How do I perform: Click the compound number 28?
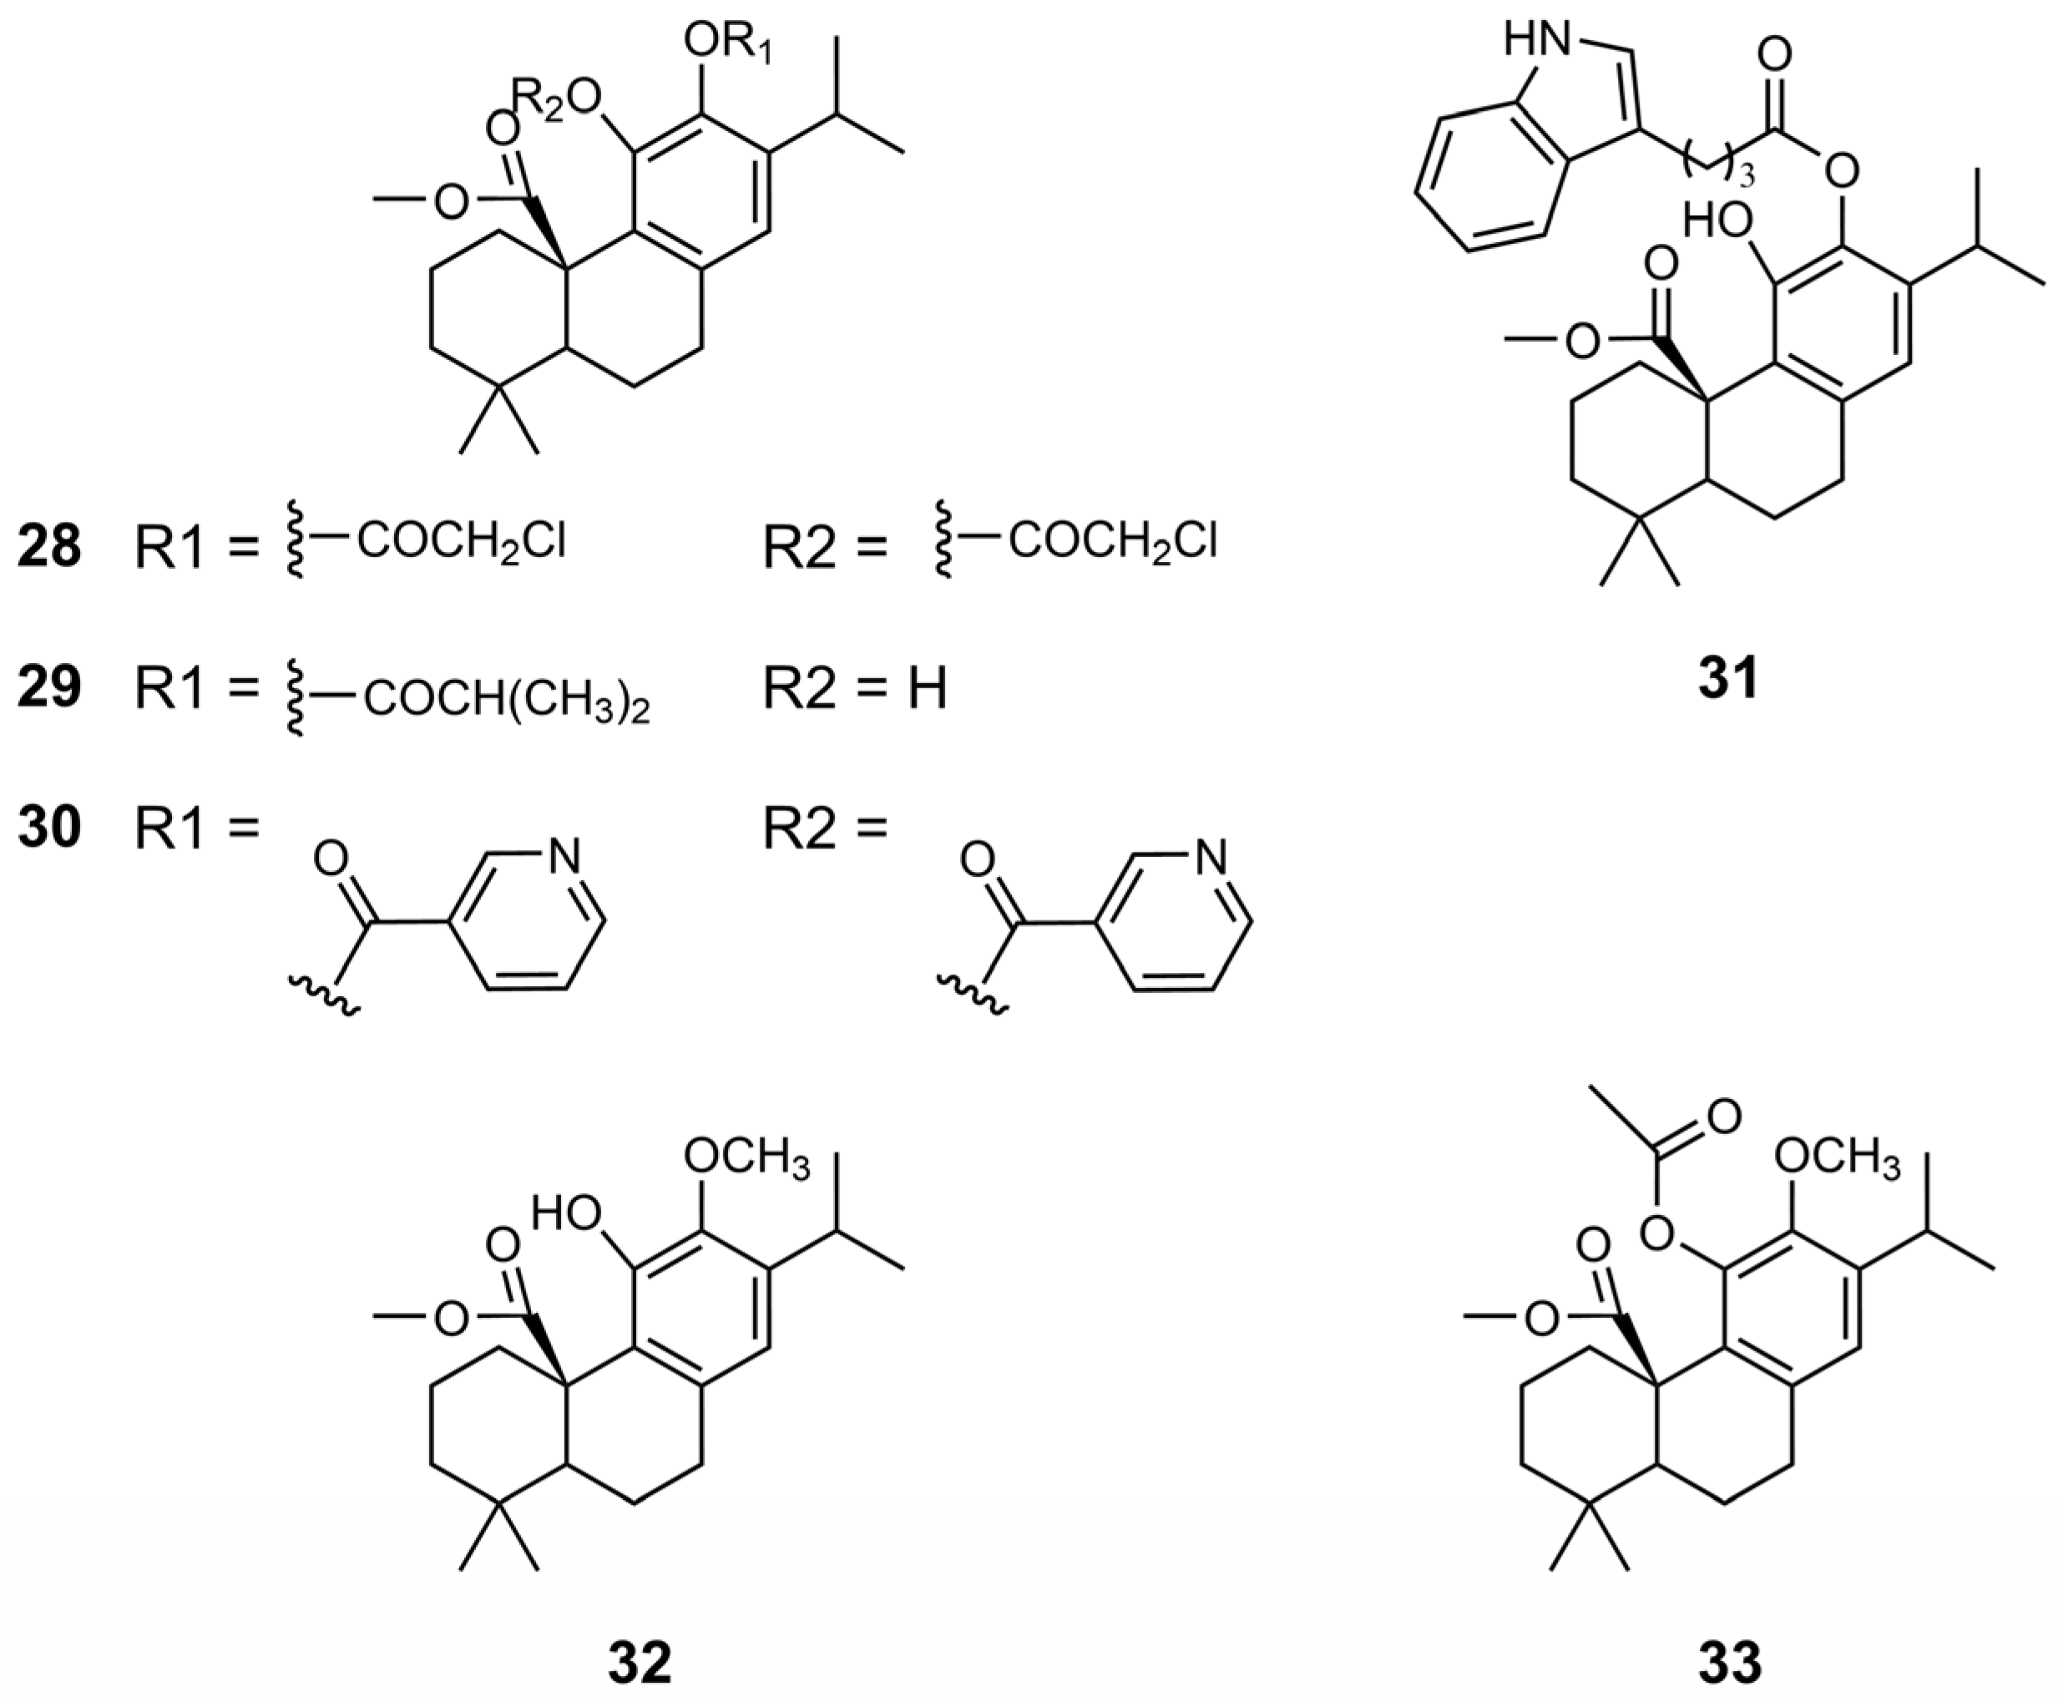[49, 546]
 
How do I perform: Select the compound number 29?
[49, 687]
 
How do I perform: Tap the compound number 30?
[49, 828]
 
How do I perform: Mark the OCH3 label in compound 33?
[1837, 1161]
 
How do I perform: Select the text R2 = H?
[855, 688]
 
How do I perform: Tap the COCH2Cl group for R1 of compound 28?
[462, 541]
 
